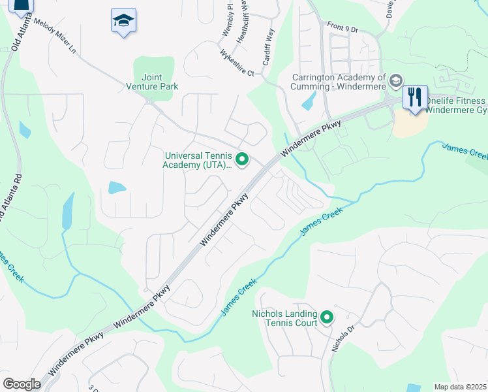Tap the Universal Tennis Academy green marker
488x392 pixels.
pyautogui.click(x=242, y=159)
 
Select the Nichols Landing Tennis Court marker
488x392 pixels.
pyautogui.click(x=327, y=318)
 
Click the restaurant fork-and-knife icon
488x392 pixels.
pyautogui.click(x=414, y=97)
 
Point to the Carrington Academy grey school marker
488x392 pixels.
pyautogui.click(x=395, y=82)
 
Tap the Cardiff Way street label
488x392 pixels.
pyautogui.click(x=268, y=46)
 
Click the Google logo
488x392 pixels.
pyautogui.click(x=22, y=384)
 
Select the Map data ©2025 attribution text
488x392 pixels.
pyautogui.click(x=461, y=387)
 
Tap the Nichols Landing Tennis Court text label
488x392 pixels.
pyautogui.click(x=284, y=318)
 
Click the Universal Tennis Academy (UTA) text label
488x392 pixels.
pyautogui.click(x=198, y=160)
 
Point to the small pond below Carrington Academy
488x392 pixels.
pyautogui.click(x=309, y=101)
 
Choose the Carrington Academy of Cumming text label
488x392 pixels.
pyautogui.click(x=339, y=82)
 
